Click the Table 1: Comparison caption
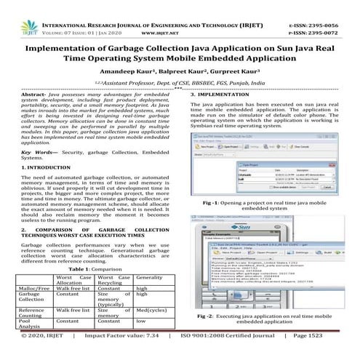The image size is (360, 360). coord(89,268)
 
